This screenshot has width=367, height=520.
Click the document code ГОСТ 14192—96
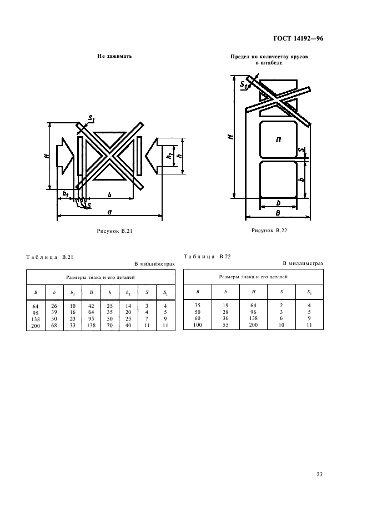click(x=298, y=38)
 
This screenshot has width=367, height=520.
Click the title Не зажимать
click(x=115, y=56)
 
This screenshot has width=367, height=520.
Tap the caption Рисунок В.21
click(x=115, y=231)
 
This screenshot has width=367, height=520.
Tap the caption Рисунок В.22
click(x=269, y=231)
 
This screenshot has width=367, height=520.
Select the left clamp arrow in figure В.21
click(x=65, y=156)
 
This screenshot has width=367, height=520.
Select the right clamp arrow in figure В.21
click(x=153, y=156)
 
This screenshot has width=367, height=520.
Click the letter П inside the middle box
click(x=279, y=140)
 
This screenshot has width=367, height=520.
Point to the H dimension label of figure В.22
click(x=232, y=136)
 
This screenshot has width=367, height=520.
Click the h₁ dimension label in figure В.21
click(x=169, y=156)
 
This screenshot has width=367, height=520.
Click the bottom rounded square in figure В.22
click(x=278, y=179)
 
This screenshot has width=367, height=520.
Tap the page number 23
click(x=320, y=474)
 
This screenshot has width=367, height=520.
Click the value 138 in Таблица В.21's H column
click(x=91, y=326)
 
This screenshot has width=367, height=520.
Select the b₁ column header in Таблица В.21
click(x=73, y=293)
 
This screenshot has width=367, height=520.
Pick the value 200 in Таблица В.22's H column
click(x=253, y=325)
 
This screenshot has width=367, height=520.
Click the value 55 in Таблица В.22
click(x=225, y=325)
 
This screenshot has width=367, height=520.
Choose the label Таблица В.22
click(x=207, y=256)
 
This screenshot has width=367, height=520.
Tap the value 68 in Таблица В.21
click(x=54, y=326)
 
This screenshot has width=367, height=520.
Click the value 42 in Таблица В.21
click(x=91, y=306)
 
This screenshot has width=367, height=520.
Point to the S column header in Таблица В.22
click(x=281, y=292)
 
